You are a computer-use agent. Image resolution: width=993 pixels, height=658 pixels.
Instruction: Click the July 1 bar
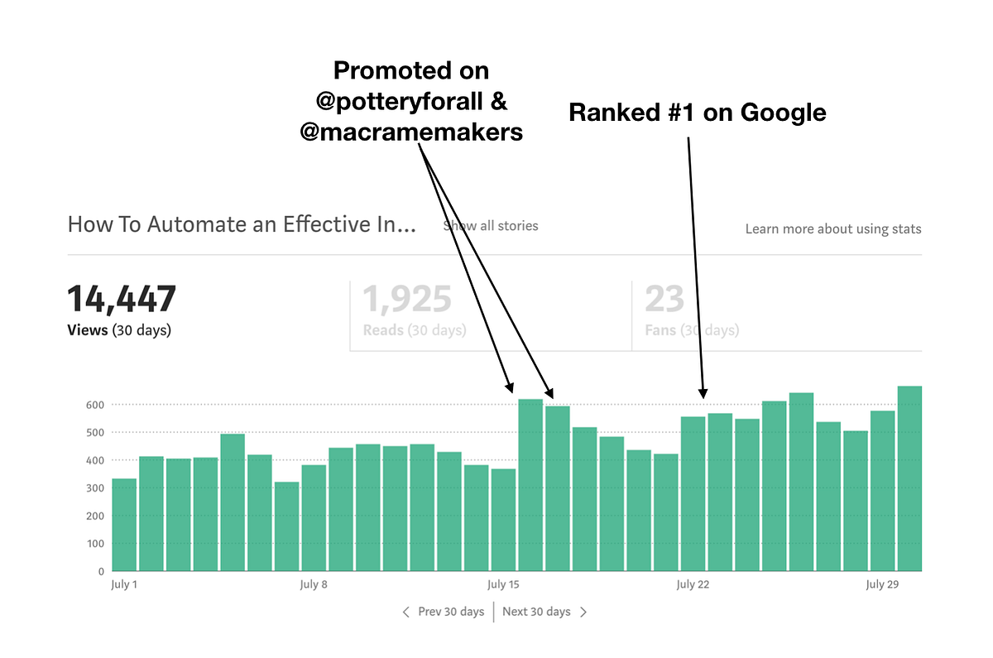124,525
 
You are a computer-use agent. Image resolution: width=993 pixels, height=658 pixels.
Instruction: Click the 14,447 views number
121,300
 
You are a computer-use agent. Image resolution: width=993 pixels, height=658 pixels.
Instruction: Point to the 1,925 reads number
407,300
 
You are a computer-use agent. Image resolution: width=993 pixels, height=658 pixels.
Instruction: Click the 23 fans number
664,300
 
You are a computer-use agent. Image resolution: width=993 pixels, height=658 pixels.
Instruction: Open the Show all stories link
491,225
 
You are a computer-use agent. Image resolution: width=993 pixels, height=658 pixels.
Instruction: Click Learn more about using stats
832,229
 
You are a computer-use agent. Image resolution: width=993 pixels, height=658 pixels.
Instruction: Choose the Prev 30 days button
444,612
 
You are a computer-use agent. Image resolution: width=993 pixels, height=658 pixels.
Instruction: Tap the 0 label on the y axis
100,571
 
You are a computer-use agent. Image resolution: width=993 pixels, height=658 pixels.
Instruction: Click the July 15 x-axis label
502,584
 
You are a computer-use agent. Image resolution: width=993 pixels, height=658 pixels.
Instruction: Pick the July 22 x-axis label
692,584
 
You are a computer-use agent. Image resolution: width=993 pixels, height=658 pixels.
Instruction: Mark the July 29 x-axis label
881,584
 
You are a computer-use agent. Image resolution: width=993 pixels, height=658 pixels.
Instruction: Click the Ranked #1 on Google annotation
697,113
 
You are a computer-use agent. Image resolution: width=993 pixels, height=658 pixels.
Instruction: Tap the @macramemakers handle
410,131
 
